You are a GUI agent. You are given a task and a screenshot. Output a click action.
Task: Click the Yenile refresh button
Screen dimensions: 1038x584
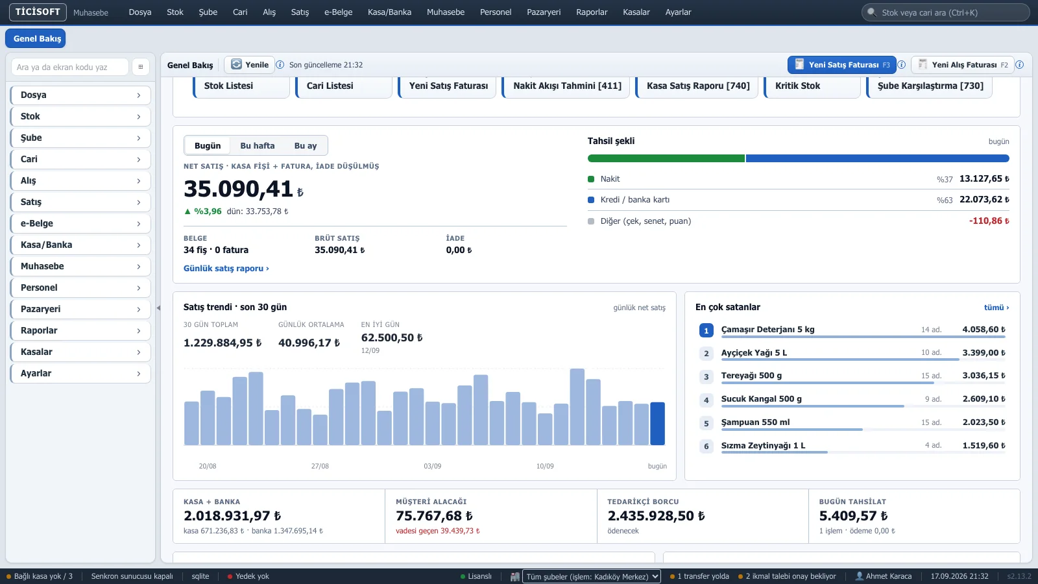pyautogui.click(x=249, y=64)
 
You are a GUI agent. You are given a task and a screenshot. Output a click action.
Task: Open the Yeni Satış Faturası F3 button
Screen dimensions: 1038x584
pyautogui.click(x=841, y=65)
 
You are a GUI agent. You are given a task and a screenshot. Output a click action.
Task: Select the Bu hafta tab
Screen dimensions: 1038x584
pyautogui.click(x=257, y=145)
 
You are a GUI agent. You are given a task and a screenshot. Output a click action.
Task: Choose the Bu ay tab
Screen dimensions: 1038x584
pyautogui.click(x=306, y=145)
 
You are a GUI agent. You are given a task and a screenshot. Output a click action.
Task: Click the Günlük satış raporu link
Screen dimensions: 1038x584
pyautogui.click(x=226, y=269)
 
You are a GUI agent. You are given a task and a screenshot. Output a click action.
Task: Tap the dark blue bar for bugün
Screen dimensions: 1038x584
pyautogui.click(x=657, y=424)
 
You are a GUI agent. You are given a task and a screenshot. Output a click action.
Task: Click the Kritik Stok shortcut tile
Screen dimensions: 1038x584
pyautogui.click(x=812, y=86)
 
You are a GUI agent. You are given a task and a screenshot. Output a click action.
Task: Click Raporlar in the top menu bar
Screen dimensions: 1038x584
pyautogui.click(x=591, y=12)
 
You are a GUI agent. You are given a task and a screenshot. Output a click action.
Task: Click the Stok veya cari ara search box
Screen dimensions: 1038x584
pyautogui.click(x=945, y=12)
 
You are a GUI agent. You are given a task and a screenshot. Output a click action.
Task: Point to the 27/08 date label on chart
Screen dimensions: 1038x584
pyautogui.click(x=320, y=466)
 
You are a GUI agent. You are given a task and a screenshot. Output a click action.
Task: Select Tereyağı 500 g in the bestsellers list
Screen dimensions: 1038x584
pyautogui.click(x=751, y=376)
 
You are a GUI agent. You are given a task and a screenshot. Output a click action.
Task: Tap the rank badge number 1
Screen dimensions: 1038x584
pyautogui.click(x=706, y=330)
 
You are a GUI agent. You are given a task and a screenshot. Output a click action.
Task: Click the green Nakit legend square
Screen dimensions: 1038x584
pyautogui.click(x=591, y=179)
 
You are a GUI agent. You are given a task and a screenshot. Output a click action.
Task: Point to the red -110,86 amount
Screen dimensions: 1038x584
pyautogui.click(x=989, y=221)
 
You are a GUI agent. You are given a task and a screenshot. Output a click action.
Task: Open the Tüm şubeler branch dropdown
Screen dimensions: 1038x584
pyautogui.click(x=591, y=576)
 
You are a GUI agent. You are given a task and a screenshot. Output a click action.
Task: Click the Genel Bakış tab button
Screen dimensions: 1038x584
pyautogui.click(x=36, y=38)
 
